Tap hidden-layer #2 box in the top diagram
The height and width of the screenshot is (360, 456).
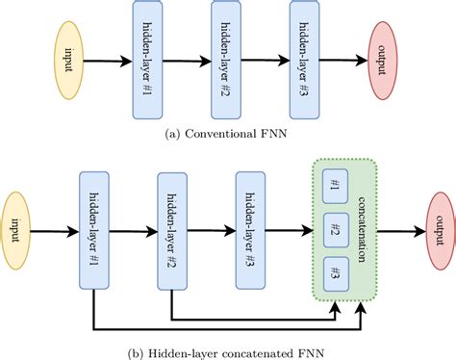pos(232,60)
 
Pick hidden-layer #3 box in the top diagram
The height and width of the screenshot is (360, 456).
pos(308,60)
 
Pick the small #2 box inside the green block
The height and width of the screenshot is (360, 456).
pos(335,231)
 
